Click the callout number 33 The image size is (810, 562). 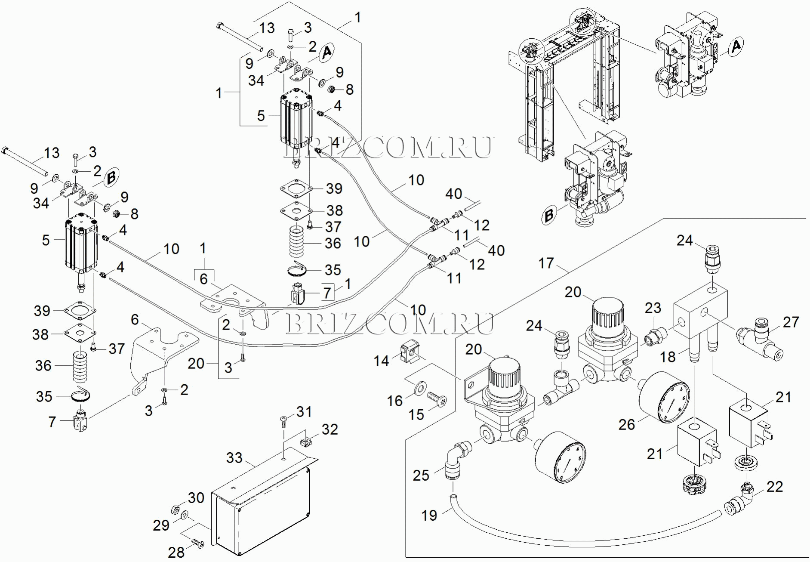[234, 458]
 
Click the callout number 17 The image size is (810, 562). [546, 263]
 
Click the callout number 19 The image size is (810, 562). [429, 515]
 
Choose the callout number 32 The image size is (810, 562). [330, 429]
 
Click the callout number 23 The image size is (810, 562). [653, 308]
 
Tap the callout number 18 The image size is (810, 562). [668, 357]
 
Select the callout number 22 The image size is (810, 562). [774, 487]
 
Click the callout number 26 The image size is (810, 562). [627, 424]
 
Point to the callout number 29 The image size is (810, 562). [161, 525]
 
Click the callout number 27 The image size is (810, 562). [791, 322]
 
